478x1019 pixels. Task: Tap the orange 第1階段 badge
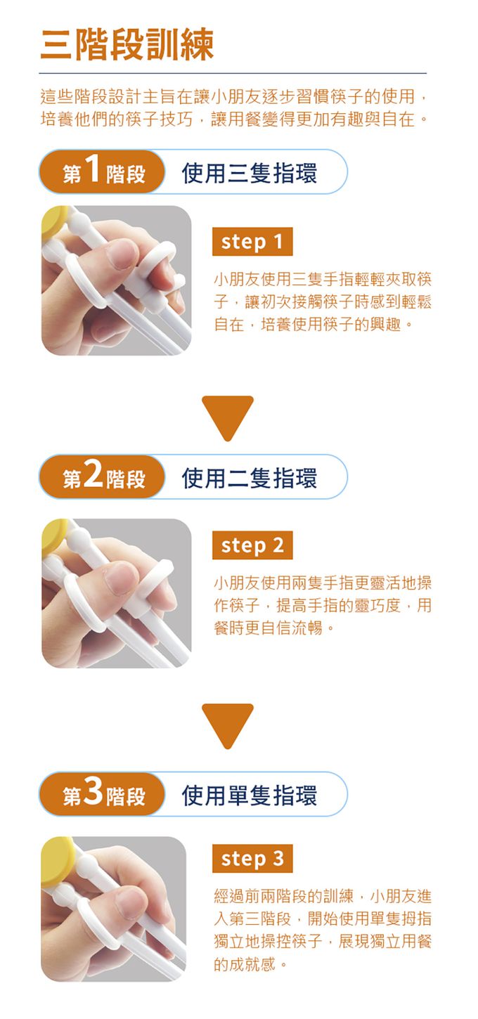pyautogui.click(x=103, y=172)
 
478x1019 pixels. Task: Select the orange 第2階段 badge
pyautogui.click(x=103, y=477)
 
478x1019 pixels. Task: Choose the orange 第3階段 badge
pyautogui.click(x=103, y=794)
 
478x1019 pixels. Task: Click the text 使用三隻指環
pyautogui.click(x=249, y=172)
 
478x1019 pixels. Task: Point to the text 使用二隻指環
pyautogui.click(x=249, y=477)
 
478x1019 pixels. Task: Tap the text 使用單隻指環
pyautogui.click(x=249, y=794)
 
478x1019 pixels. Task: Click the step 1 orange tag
pyautogui.click(x=252, y=242)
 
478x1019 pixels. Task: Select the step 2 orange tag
pyautogui.click(x=252, y=545)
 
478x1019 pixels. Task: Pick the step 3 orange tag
pyautogui.click(x=252, y=858)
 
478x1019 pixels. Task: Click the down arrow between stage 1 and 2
pyautogui.click(x=227, y=416)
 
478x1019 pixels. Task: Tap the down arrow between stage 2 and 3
pyautogui.click(x=227, y=724)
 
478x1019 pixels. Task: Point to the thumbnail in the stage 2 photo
pyautogui.click(x=120, y=578)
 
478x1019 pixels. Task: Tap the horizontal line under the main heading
pyautogui.click(x=233, y=73)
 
